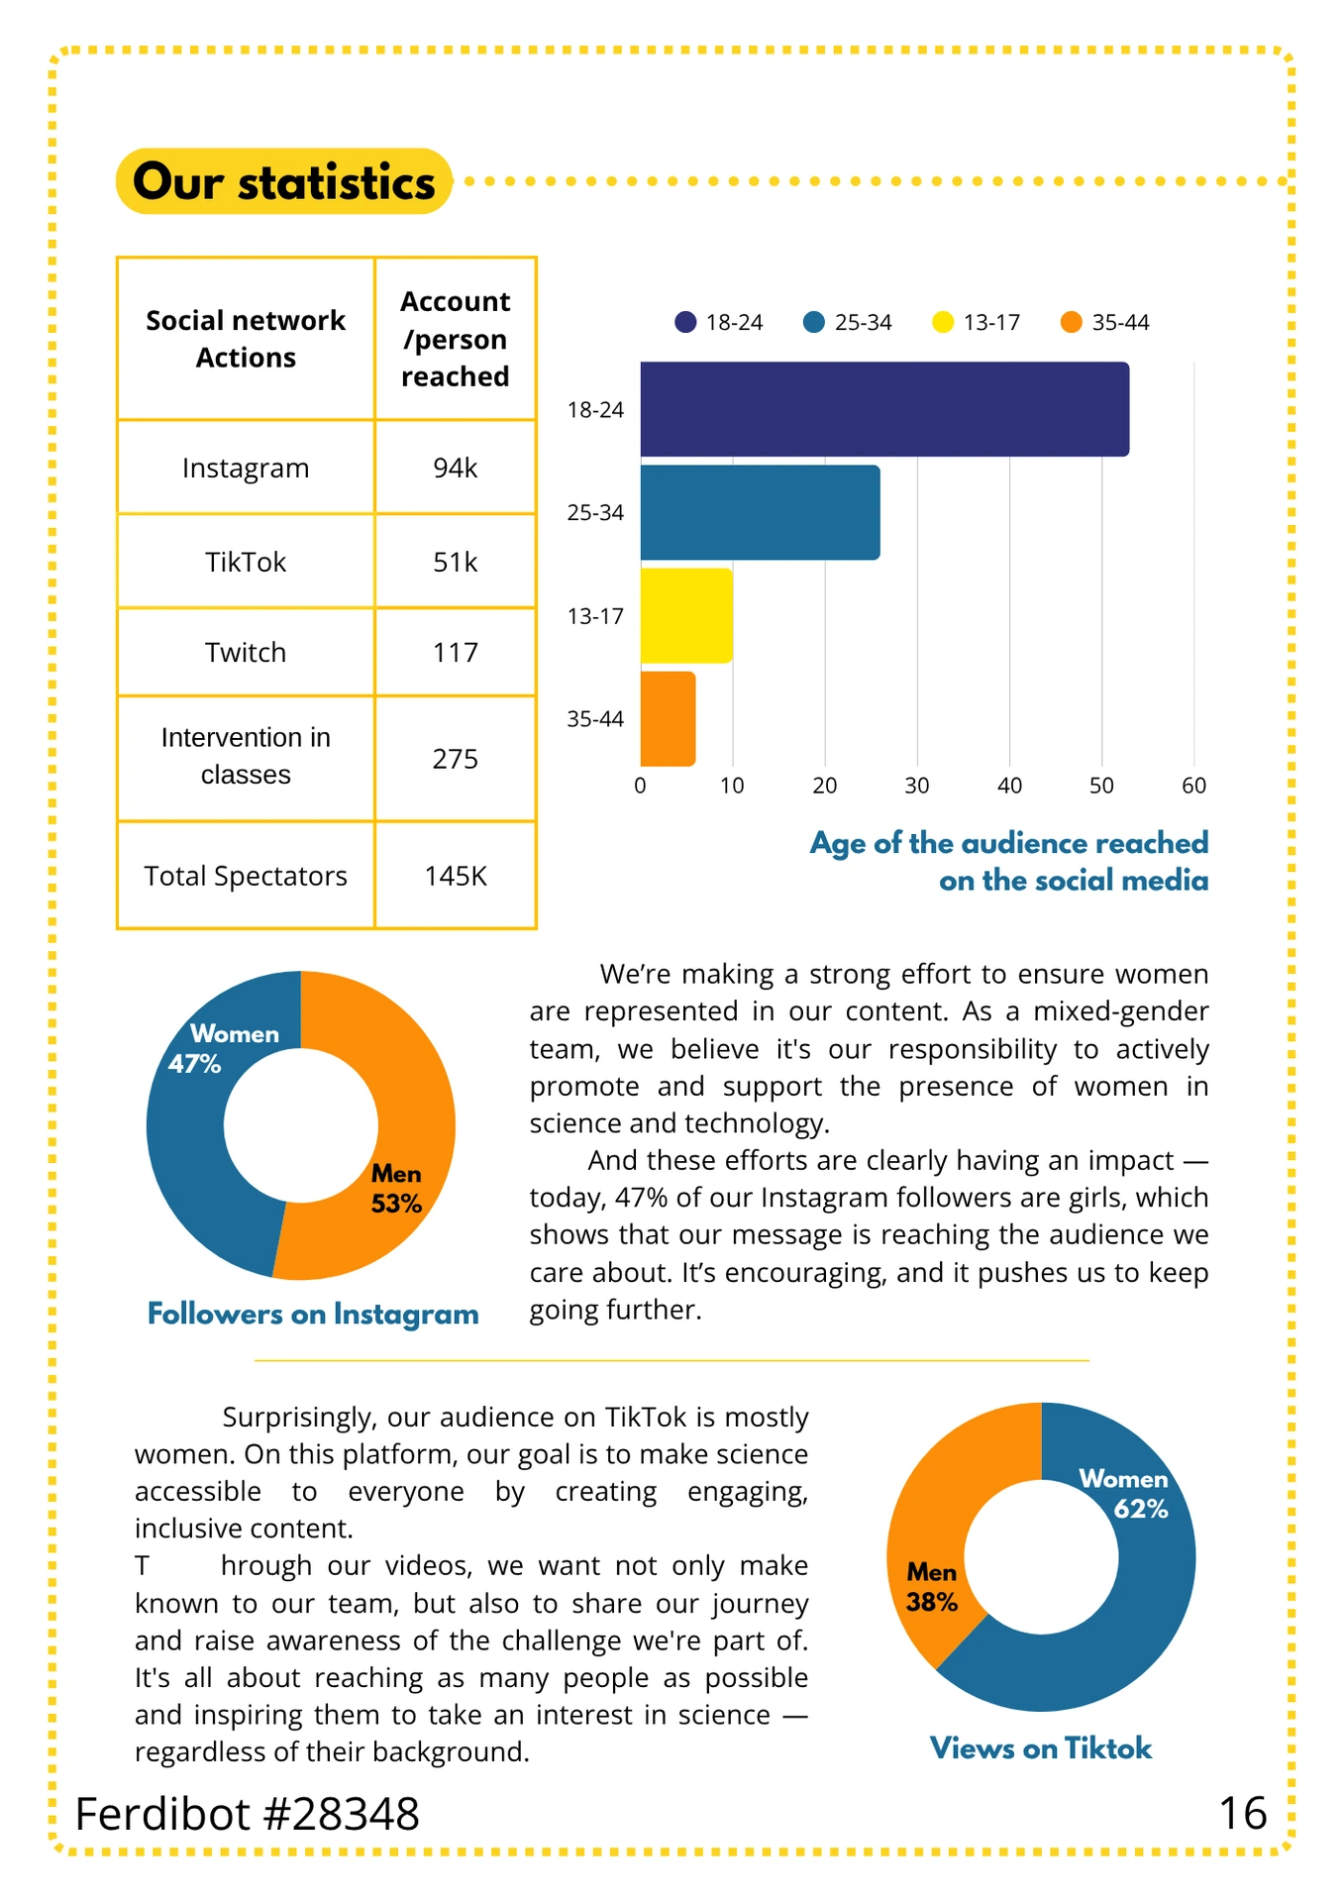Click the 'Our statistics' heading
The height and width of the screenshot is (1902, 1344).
coord(284,182)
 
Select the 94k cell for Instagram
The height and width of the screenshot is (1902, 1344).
coord(456,468)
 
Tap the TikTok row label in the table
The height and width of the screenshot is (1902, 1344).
coord(246,562)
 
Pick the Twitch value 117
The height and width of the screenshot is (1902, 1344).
coord(456,652)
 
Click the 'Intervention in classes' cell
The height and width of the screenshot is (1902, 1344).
coord(246,756)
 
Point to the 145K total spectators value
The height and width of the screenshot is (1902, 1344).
coord(456,876)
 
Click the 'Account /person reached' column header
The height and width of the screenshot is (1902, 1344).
coord(456,339)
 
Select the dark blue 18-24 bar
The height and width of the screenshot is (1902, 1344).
coord(884,409)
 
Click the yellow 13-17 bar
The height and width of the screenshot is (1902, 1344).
coord(686,615)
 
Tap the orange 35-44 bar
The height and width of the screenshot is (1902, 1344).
coord(668,718)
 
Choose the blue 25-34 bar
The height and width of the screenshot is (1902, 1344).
coord(760,512)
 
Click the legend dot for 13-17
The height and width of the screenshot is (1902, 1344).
coord(943,322)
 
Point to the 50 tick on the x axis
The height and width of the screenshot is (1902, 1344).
coord(1101,786)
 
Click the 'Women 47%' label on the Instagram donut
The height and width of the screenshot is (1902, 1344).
coord(223,1049)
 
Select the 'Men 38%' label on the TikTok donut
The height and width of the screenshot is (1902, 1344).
coord(932,1587)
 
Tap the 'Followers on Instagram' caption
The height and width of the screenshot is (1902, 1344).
coord(313,1314)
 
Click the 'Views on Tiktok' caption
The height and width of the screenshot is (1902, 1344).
coord(1041,1748)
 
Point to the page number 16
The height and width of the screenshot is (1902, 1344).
coord(1243,1814)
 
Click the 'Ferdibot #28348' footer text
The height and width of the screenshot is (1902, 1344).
coord(248,1814)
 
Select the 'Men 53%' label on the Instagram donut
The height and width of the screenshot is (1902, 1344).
coord(396,1189)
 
